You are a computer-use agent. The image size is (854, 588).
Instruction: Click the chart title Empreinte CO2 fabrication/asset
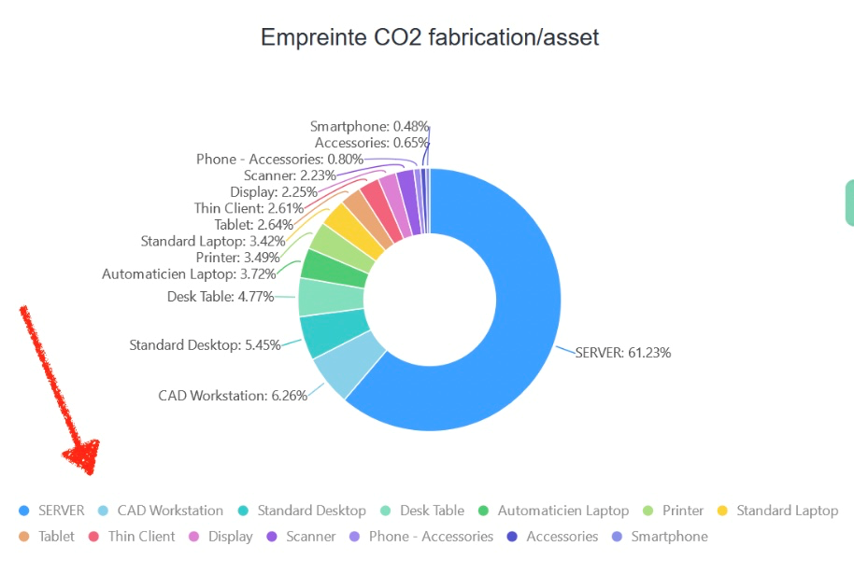429,37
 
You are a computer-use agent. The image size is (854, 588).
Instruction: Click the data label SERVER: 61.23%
622,353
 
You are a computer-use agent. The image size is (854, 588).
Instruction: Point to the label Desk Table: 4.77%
221,297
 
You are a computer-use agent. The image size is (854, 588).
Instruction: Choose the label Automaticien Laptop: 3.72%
189,274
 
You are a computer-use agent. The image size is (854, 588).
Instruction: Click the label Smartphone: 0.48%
369,126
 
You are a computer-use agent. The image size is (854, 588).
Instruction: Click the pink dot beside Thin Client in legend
93,537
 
